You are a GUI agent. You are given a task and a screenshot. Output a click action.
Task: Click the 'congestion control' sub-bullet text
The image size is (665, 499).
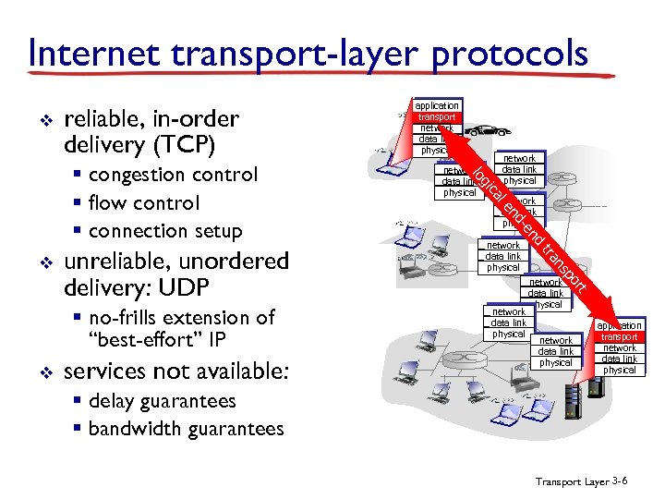[171, 175]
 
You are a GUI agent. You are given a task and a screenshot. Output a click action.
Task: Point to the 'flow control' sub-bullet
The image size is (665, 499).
[143, 202]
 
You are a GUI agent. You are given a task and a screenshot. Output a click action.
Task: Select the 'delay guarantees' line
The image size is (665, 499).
[162, 401]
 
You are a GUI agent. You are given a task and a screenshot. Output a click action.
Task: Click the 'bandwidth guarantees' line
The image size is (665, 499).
[186, 429]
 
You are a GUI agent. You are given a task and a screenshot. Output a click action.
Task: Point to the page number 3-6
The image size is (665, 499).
[620, 482]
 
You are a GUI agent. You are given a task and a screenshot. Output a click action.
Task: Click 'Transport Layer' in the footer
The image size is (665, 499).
[571, 482]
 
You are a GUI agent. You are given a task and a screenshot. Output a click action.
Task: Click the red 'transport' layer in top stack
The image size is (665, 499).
[436, 117]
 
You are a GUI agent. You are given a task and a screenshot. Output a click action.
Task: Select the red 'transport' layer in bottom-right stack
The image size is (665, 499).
[619, 337]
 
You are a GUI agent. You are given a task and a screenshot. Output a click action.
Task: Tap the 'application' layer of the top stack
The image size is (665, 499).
[436, 106]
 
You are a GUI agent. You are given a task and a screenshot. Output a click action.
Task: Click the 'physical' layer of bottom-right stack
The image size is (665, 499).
[619, 370]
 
